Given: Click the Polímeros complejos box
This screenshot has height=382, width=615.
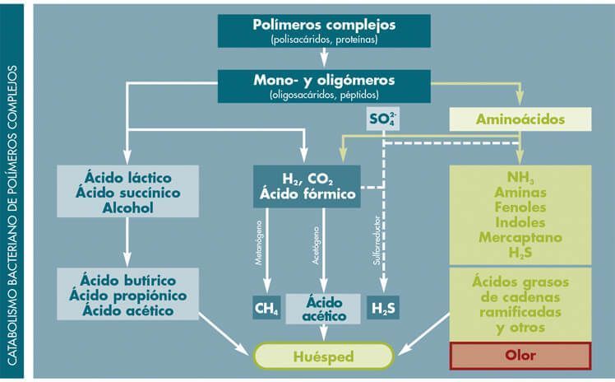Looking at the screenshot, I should pos(323,30).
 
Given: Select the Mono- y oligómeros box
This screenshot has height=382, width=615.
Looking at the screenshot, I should pos(323,86).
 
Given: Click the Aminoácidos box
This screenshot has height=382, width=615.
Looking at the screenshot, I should pos(520,119).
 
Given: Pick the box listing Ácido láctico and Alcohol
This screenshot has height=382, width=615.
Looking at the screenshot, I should pos(127,191).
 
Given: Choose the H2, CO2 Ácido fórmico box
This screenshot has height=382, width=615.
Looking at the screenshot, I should pos(307,187).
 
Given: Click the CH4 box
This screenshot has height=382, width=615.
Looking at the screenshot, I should pos(266,309).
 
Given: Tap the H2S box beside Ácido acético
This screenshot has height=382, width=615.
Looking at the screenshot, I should pos(383,309).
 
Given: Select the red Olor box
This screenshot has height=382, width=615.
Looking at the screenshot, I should pos(520,356).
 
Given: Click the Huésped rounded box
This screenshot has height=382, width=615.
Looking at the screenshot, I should pos(323,356).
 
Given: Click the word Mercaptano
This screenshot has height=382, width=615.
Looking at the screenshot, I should pos(520,237).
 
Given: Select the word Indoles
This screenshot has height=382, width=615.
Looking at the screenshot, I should pos(520,221).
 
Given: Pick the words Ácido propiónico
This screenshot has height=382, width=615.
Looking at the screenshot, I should pos(127,296).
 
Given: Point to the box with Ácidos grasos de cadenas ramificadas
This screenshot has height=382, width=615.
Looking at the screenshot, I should pos(520,304).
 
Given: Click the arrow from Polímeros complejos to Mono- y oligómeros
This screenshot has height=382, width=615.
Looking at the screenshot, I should pos(324,57).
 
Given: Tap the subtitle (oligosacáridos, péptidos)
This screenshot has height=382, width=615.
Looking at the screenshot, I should pos(323,95).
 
